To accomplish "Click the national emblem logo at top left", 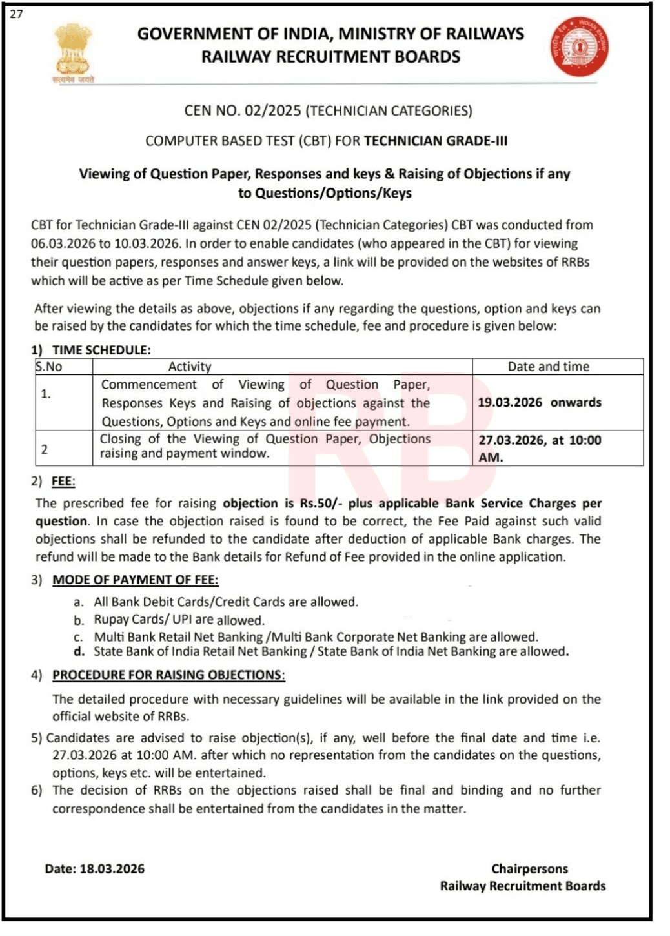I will (73, 53).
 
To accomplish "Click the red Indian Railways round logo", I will (580, 47).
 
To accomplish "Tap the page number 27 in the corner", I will (16, 14).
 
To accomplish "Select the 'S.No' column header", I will (49, 367).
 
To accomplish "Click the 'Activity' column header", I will (190, 367).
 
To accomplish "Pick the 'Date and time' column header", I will (548, 367).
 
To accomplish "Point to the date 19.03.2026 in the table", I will (510, 402).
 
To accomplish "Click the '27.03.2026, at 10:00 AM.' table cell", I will (539, 448).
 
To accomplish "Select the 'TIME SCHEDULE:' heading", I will (101, 350).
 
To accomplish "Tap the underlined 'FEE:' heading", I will (64, 482).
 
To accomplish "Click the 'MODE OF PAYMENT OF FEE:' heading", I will (135, 580).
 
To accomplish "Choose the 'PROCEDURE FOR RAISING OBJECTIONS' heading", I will (168, 675).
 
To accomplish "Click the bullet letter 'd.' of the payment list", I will (79, 652).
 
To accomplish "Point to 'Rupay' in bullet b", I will (112, 620).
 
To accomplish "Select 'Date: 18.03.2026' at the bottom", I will (95, 869).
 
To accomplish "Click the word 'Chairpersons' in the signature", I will (529, 869).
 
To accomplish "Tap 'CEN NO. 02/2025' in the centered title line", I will (243, 110).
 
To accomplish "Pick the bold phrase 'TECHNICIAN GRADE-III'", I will (436, 141).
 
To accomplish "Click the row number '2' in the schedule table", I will (45, 449).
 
